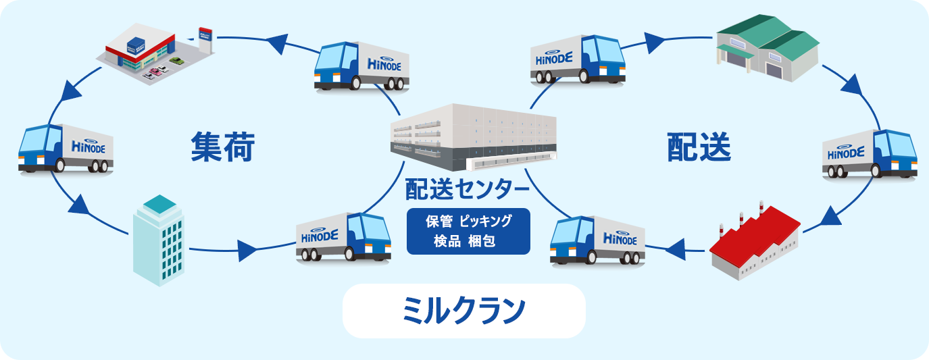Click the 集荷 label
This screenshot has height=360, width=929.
[x=222, y=147]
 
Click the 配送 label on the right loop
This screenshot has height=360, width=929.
[x=699, y=147]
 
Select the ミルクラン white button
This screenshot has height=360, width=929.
[x=463, y=311]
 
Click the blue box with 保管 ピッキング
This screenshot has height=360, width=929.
[x=468, y=231]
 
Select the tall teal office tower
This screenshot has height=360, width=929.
[x=158, y=239]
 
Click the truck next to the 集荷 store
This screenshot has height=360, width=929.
[x=361, y=66]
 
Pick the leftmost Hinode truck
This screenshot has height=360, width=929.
[x=66, y=148]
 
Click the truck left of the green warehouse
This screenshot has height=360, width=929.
[x=578, y=59]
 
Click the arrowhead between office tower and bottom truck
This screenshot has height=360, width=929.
[x=248, y=252]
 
